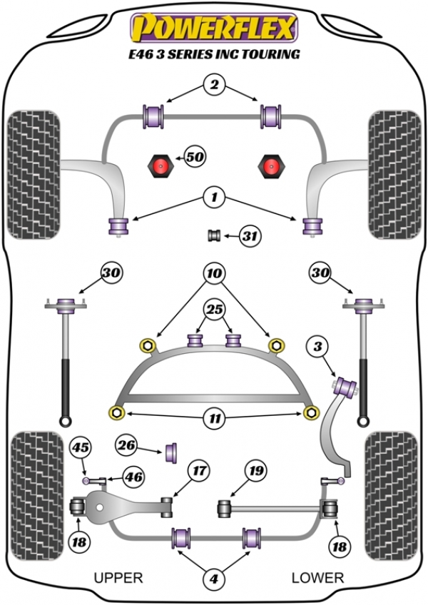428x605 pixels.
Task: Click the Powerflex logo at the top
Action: pos(213,28)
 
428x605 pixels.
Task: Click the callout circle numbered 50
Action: pos(194,156)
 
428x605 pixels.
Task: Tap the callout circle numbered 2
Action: pos(213,86)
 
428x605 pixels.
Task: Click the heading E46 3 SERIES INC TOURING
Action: pos(213,54)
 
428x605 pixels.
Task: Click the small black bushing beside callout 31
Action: pos(213,235)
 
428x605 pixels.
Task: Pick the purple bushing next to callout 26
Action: pos(172,452)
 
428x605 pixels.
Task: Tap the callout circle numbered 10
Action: pos(213,273)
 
